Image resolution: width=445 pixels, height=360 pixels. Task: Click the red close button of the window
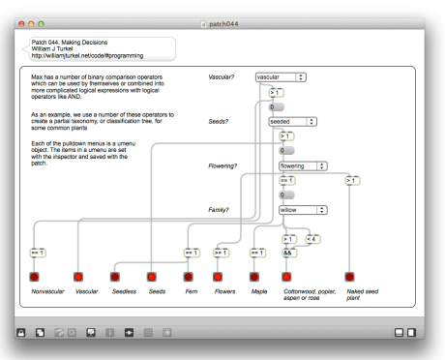click(x=21, y=24)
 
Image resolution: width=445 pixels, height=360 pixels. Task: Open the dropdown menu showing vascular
click(x=281, y=77)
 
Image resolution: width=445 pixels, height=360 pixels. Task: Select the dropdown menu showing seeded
click(x=292, y=122)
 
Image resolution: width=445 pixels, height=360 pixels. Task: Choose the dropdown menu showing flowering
click(x=303, y=166)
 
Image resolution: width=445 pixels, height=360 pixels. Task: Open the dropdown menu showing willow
click(x=303, y=210)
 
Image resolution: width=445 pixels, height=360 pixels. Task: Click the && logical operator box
click(x=289, y=253)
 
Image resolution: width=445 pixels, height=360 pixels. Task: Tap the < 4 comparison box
click(x=312, y=239)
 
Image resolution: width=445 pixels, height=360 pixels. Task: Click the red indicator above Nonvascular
click(x=34, y=277)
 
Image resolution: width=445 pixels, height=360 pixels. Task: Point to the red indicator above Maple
click(x=254, y=277)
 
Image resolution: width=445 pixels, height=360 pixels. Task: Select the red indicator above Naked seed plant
click(x=349, y=277)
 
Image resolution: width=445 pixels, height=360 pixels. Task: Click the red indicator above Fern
click(x=189, y=277)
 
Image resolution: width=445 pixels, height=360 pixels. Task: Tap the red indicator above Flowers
click(x=218, y=277)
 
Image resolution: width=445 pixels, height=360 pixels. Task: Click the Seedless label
click(x=124, y=291)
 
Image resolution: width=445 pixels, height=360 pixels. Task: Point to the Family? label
click(x=219, y=210)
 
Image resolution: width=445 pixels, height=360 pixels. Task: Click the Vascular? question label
click(x=222, y=77)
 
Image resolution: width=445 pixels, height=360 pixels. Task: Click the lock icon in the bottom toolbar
click(x=21, y=333)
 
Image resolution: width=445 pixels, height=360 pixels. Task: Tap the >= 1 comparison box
click(x=222, y=253)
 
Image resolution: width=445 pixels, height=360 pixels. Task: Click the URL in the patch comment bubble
click(x=87, y=56)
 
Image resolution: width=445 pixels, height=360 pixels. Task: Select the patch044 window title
click(x=223, y=24)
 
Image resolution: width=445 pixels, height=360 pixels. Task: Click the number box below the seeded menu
click(x=286, y=150)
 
